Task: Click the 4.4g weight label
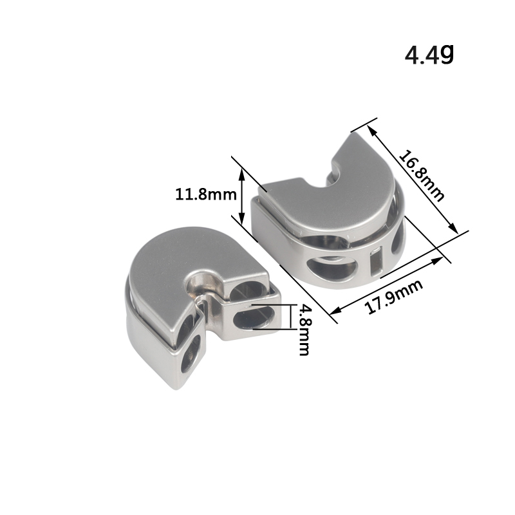[x=429, y=55]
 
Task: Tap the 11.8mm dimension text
[x=206, y=194]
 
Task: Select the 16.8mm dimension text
[x=422, y=176]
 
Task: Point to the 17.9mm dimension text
[x=393, y=297]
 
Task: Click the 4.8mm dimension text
[x=304, y=330]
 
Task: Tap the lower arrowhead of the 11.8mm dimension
[x=242, y=218]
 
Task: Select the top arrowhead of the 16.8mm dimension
[x=372, y=131]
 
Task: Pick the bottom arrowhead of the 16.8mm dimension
[x=453, y=228]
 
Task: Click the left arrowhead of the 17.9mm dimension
[x=335, y=311]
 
